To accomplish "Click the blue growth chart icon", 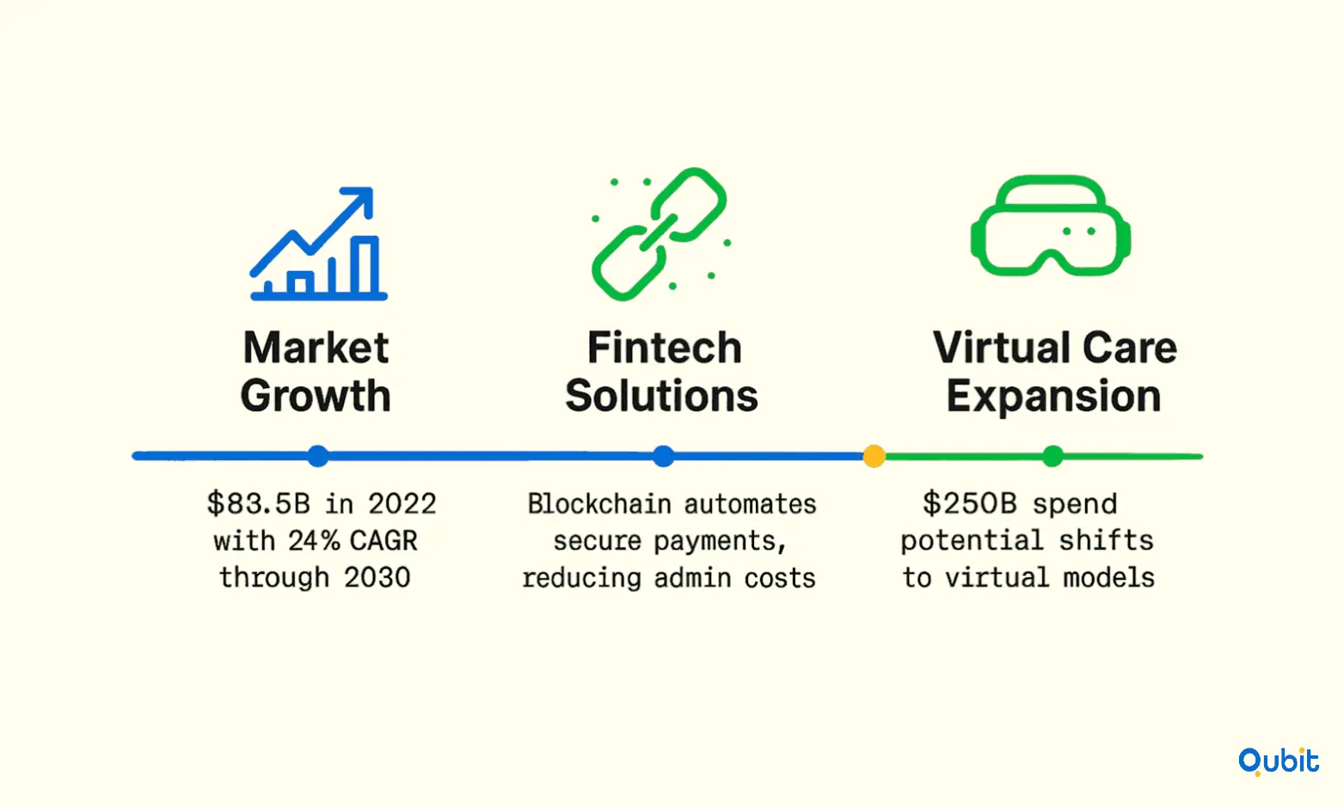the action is click(319, 243).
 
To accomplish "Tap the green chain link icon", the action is click(660, 234).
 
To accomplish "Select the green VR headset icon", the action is click(1051, 225).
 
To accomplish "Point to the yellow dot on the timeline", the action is click(875, 456).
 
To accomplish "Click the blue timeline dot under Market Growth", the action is click(318, 456).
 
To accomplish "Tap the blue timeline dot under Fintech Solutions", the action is click(663, 456).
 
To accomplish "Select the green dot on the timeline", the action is click(1052, 456).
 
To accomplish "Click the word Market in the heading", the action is click(316, 348).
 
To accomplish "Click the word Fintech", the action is click(665, 348).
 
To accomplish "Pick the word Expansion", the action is click(1053, 397).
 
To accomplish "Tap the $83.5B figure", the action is click(259, 504).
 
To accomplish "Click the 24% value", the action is click(315, 541).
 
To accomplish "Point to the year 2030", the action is click(377, 577).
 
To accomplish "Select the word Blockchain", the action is click(599, 504).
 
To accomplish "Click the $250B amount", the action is click(970, 504).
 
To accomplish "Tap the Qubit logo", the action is click(1279, 761).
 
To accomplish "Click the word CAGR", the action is click(384, 541).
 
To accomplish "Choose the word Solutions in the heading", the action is click(662, 397).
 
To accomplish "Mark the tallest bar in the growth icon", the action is click(365, 265).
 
